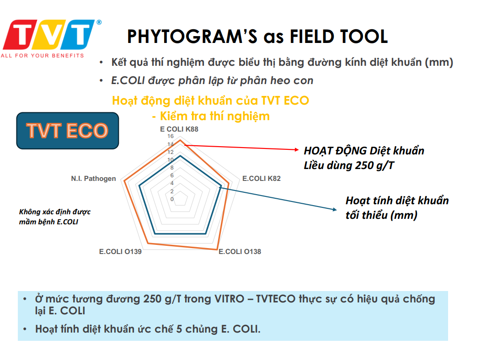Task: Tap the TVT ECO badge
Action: (68, 131)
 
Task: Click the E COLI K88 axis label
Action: (179, 129)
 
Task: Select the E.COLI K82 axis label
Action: (262, 179)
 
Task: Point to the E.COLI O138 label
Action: (240, 252)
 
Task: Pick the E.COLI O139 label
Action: (120, 252)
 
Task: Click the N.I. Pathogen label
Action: (94, 179)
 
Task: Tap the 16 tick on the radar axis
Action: (171, 136)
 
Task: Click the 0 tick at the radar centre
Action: (172, 199)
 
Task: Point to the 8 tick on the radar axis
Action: (172, 168)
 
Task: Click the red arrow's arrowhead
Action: (297, 149)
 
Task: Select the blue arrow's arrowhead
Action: (335, 209)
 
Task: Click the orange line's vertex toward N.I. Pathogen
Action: (124, 181)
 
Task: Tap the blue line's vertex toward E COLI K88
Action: (180, 156)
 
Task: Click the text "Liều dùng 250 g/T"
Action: (349, 165)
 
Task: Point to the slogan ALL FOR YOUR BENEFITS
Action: (43, 55)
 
